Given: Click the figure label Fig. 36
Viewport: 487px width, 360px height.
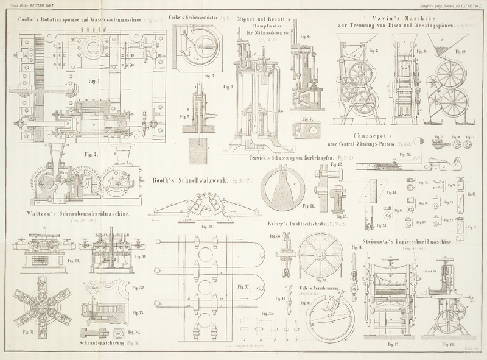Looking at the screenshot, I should tap(208, 227).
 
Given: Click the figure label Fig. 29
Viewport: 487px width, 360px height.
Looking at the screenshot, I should tap(72, 261).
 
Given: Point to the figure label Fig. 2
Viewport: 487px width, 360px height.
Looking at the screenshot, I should tap(91, 154).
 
